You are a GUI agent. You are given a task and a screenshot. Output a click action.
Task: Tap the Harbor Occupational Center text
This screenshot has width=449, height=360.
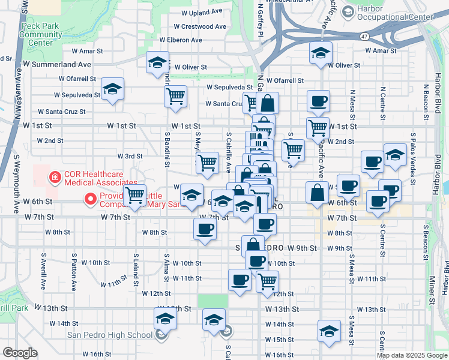[x=394, y=14]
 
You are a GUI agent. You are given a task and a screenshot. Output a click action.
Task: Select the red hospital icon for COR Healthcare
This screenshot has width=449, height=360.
[x=55, y=177]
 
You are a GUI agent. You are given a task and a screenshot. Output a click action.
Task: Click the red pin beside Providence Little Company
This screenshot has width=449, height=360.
[x=91, y=197]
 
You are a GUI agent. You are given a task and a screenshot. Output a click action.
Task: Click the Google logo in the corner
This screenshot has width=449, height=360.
[x=19, y=353]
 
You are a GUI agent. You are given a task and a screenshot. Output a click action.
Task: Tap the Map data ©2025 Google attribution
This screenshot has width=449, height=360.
[x=411, y=355]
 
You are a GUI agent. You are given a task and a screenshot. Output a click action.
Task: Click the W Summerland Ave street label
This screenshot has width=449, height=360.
[x=57, y=64]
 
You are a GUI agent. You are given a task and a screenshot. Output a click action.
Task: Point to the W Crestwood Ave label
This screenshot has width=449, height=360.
[x=200, y=26]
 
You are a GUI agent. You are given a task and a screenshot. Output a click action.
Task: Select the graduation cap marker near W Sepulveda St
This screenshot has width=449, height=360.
[x=112, y=89]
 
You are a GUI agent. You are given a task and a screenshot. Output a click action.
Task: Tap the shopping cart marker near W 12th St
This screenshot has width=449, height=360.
[x=267, y=280]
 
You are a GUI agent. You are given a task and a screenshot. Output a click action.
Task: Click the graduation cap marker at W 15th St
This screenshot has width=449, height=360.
[x=329, y=331]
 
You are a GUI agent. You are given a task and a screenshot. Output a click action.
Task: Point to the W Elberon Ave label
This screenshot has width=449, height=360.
[x=180, y=40]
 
